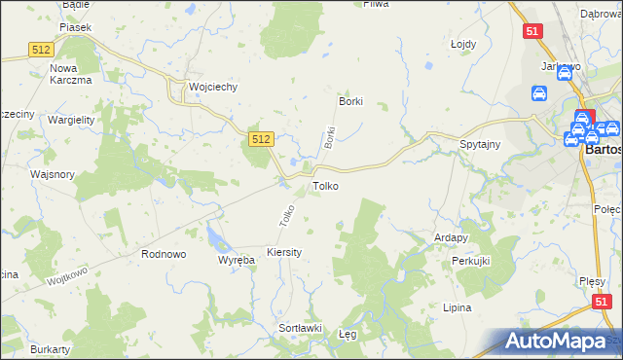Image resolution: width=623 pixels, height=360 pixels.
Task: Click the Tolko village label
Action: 325,185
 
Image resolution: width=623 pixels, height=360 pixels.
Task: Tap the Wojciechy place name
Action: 213,87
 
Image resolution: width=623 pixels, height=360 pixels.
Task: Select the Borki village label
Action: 350,101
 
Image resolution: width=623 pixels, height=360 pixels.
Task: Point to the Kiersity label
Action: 284,252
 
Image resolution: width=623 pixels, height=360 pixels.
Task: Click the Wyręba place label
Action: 236,261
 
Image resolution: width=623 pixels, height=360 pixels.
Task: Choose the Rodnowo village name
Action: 164,254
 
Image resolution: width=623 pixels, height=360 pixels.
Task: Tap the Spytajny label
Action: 480,145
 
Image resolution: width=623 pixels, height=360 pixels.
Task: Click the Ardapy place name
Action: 452,236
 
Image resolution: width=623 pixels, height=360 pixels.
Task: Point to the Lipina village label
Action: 457,307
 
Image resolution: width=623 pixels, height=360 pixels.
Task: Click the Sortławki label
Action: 301,328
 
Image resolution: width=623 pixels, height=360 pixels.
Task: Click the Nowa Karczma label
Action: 70,74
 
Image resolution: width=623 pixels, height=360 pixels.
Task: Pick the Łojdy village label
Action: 462,44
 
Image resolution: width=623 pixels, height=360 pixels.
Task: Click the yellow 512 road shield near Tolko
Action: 260,140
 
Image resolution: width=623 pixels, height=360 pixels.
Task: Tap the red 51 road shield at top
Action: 532,32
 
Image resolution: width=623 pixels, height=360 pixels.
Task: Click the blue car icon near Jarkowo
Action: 539,94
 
